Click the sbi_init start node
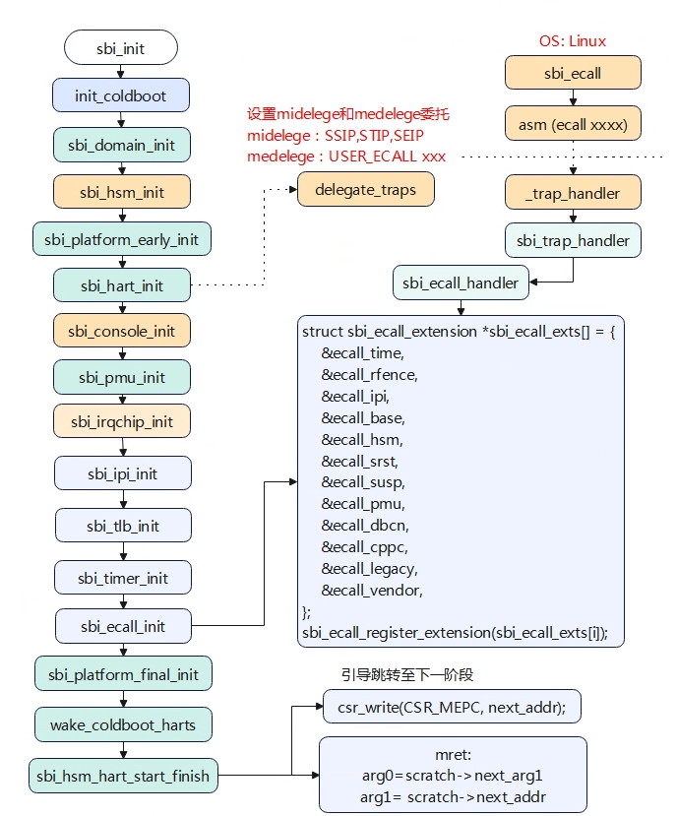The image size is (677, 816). (x=120, y=47)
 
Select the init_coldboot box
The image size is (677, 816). (x=120, y=95)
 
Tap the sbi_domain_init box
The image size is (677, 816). (x=121, y=145)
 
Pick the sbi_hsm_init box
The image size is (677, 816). (x=121, y=192)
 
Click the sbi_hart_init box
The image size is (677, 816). (x=121, y=285)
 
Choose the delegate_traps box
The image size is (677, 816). (x=365, y=189)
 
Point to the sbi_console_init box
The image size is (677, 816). (x=121, y=331)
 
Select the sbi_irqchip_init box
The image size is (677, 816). (x=121, y=422)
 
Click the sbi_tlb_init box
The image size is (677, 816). (x=121, y=526)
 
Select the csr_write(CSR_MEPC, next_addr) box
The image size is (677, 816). (x=452, y=705)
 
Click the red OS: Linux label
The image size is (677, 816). (x=572, y=41)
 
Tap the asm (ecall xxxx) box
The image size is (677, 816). (x=573, y=125)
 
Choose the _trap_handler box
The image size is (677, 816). (x=573, y=193)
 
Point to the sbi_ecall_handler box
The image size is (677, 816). (x=461, y=283)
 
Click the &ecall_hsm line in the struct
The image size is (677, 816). (x=361, y=439)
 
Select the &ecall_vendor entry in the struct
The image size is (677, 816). (x=371, y=591)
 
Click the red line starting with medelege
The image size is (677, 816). (x=345, y=157)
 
